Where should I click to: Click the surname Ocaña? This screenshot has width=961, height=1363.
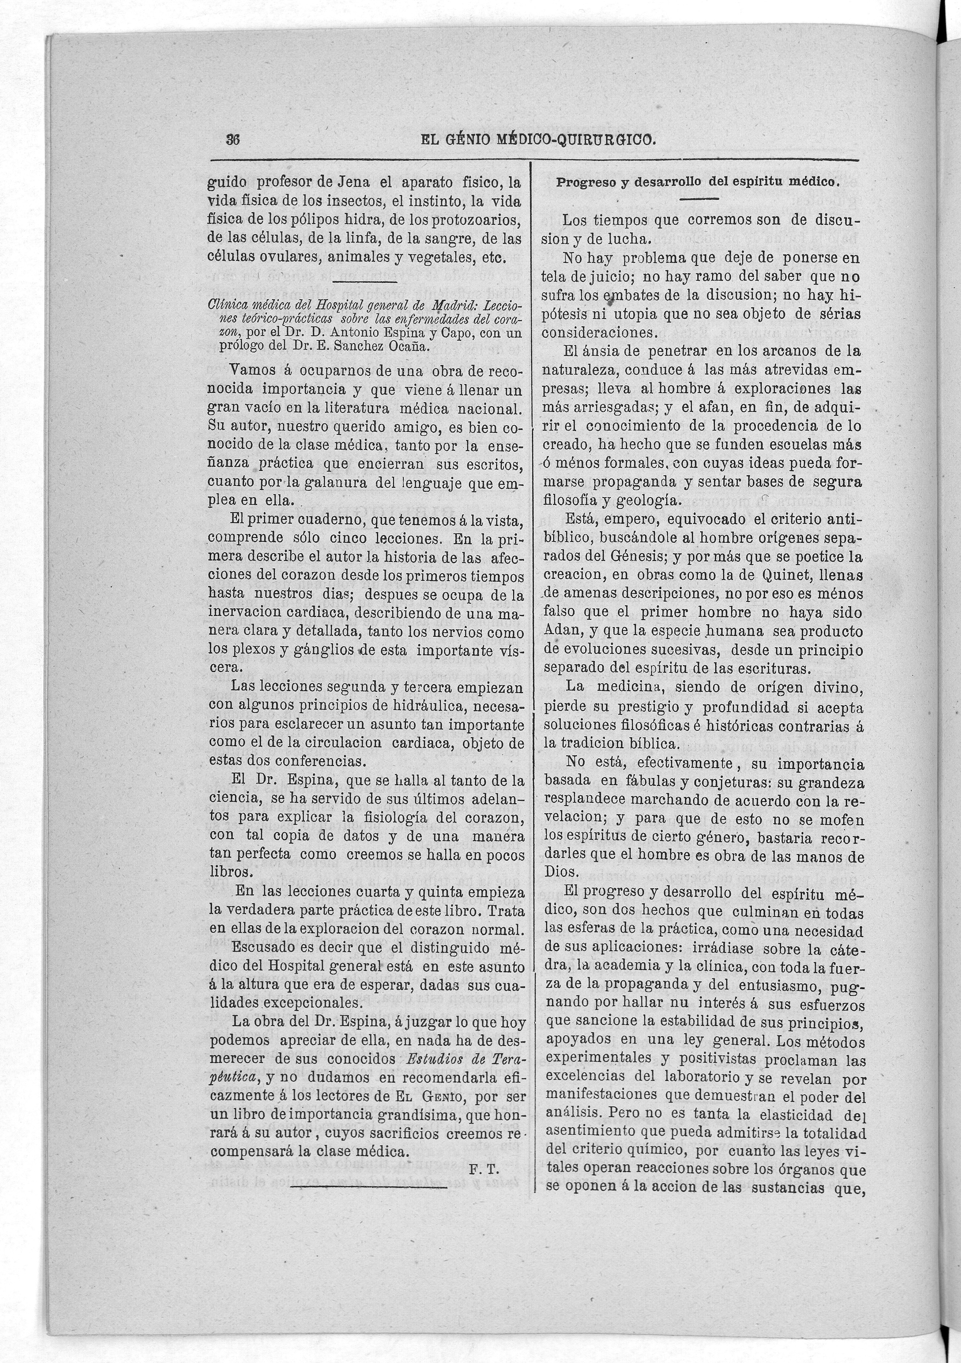[x=407, y=347]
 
